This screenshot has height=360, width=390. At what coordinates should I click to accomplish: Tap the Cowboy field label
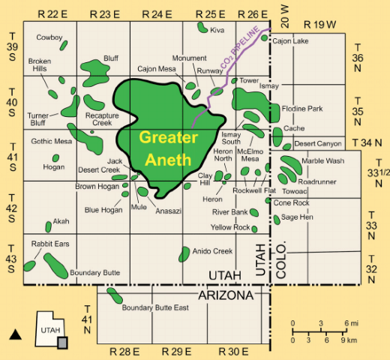49,37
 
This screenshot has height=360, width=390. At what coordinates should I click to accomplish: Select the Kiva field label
217,30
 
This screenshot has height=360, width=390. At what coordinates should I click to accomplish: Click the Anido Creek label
213,250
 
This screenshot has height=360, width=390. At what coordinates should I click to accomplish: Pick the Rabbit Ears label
46,244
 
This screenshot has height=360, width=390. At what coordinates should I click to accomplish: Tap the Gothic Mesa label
50,140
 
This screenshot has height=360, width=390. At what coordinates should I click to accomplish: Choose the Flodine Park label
302,107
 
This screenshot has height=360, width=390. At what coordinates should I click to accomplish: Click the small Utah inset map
52,331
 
